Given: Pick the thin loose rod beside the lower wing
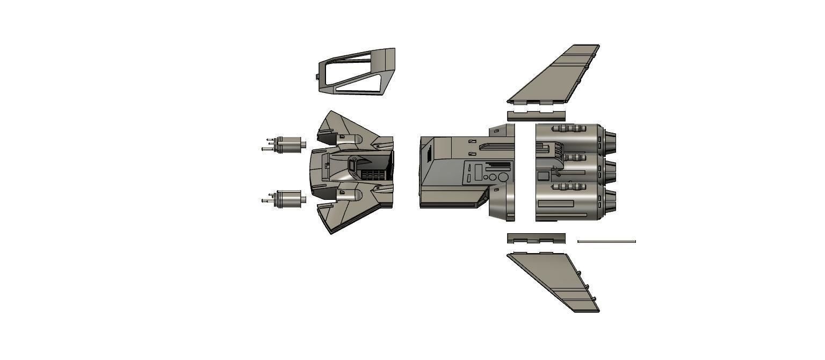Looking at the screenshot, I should point(606,241).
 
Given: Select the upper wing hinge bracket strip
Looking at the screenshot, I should point(536,116).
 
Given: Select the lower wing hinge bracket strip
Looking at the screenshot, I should point(536,237).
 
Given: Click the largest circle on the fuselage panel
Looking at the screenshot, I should point(503,177).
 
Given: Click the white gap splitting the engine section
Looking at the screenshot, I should point(525,172).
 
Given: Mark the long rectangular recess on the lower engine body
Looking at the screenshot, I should point(555,203).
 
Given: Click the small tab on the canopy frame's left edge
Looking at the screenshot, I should point(317,77).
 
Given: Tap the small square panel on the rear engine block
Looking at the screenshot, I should point(543,176).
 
